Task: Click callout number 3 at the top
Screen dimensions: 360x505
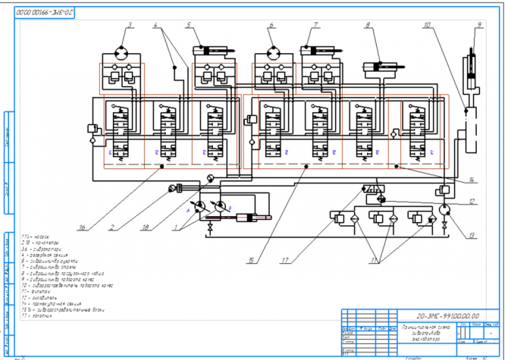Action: pyautogui.click(x=130, y=26)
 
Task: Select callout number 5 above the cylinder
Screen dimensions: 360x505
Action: pyautogui.click(x=187, y=26)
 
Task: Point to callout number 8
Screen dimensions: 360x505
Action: pyautogui.click(x=368, y=26)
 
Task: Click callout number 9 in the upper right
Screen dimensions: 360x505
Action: pyautogui.click(x=478, y=26)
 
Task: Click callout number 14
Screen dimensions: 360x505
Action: pyautogui.click(x=472, y=180)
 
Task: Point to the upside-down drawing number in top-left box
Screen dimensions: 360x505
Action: pyautogui.click(x=44, y=14)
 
